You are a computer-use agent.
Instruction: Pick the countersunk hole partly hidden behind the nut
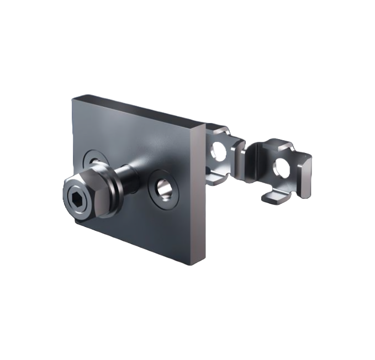(92, 161)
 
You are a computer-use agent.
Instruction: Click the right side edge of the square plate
(202, 193)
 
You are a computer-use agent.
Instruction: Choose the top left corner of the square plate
(73, 98)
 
